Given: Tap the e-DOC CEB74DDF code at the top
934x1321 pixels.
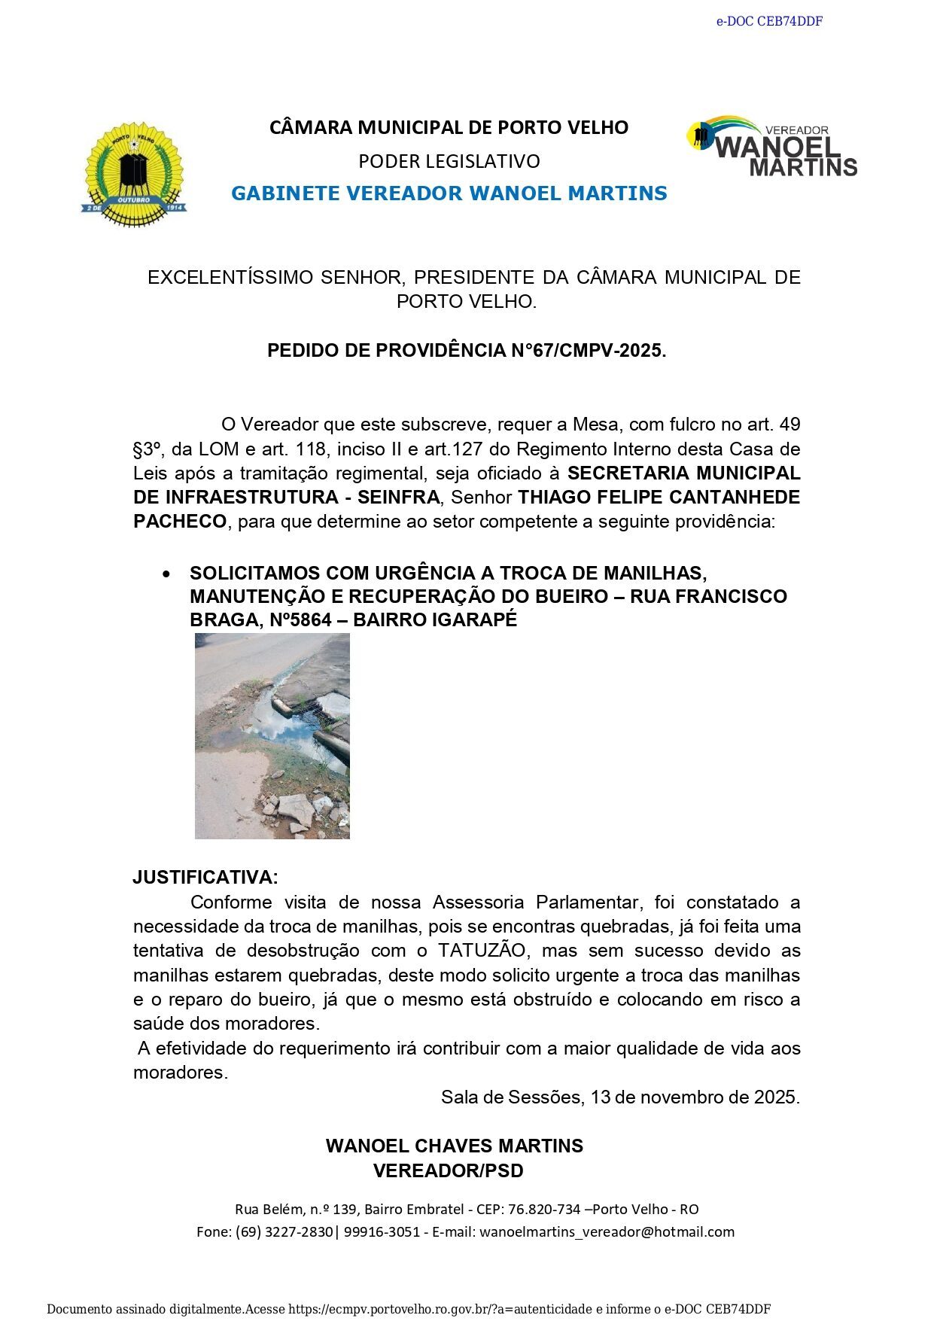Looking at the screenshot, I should (x=768, y=21).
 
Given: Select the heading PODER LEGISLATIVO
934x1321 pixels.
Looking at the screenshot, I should (x=449, y=161).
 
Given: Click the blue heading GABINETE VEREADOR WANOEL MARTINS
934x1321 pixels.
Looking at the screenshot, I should (x=449, y=193).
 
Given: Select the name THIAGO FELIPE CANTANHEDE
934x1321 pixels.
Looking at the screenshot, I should (x=659, y=498).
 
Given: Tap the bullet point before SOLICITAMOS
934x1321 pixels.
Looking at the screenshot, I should (x=166, y=574).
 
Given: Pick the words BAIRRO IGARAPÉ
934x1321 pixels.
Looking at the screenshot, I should (x=435, y=620).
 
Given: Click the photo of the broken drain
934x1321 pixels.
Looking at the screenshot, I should (x=272, y=735).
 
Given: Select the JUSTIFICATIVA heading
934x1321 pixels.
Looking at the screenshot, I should (x=205, y=878).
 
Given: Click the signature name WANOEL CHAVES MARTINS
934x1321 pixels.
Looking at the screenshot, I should (x=454, y=1146).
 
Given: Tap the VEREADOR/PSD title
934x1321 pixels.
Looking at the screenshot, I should (x=448, y=1171).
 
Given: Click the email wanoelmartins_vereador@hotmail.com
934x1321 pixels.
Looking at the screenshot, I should (x=607, y=1232).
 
